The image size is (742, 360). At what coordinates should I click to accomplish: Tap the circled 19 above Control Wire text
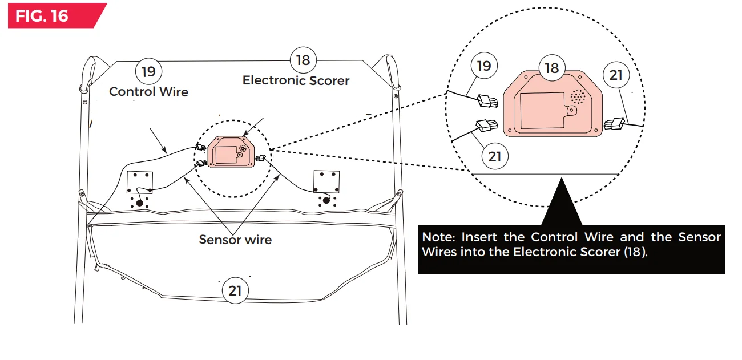coord(148,72)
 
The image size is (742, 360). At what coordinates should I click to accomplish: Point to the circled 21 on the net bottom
coord(235,290)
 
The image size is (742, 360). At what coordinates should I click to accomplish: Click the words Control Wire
coord(148,92)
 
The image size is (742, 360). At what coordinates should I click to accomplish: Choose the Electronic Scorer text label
coord(296,80)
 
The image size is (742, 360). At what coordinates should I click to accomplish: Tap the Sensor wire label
coord(235,240)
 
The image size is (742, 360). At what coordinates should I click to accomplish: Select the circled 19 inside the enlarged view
coord(483,66)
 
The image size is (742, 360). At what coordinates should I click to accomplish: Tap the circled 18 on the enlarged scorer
coord(551,68)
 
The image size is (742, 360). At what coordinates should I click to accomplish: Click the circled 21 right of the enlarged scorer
coord(616,75)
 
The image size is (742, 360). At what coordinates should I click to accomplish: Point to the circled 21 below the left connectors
coord(494,155)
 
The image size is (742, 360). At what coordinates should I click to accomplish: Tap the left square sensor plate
coord(139,182)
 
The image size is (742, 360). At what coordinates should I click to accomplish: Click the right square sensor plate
coord(326,181)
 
